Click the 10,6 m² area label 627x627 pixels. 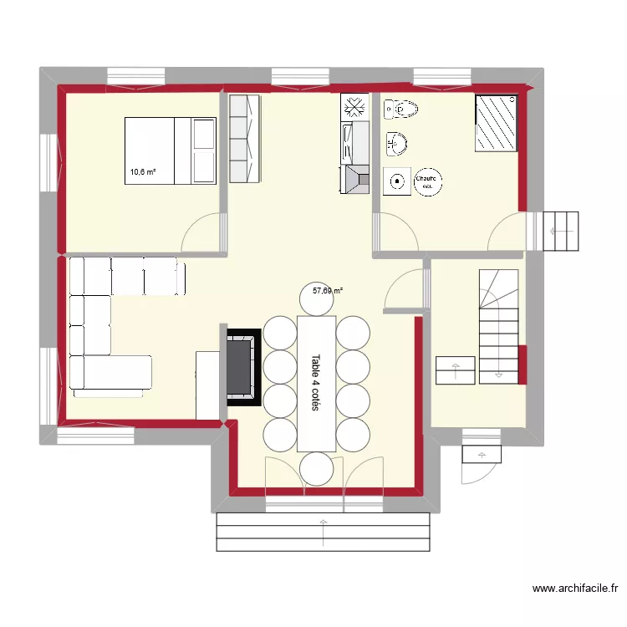pyautogui.click(x=142, y=172)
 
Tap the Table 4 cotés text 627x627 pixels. pyautogui.click(x=316, y=384)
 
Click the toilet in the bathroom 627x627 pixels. pyautogui.click(x=401, y=108)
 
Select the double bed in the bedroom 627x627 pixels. pyautogui.click(x=171, y=150)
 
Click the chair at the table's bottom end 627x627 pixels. pyautogui.click(x=316, y=467)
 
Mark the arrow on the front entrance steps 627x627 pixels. pyautogui.click(x=323, y=530)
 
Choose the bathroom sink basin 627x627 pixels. pyautogui.click(x=396, y=144)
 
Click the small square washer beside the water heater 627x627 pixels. pyautogui.click(x=397, y=181)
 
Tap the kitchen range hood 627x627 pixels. pyautogui.click(x=357, y=178)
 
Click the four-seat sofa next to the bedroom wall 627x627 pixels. pyautogui.click(x=246, y=139)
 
